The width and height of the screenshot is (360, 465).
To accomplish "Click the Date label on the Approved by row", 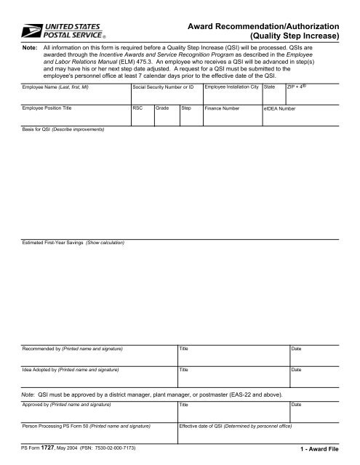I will pyautogui.click(x=296, y=403).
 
